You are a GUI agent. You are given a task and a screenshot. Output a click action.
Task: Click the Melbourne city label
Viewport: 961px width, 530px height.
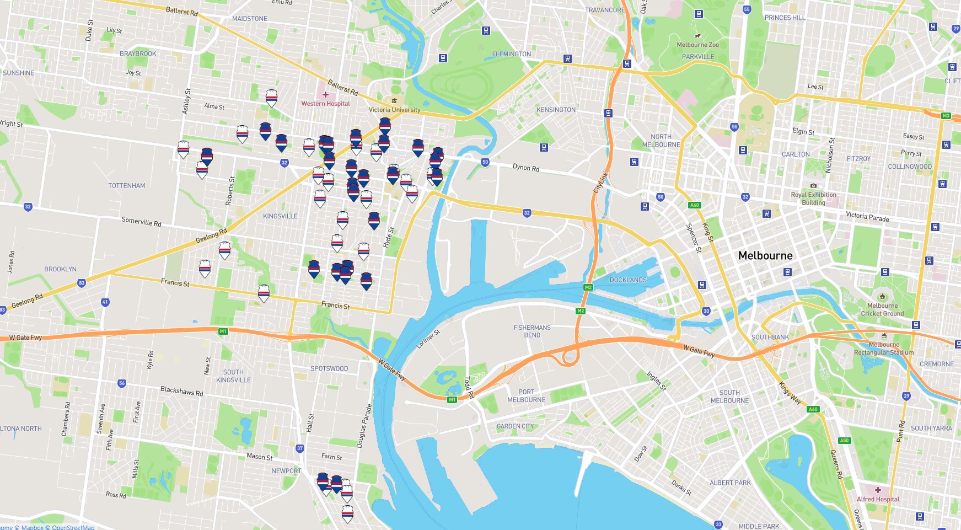[x=765, y=255]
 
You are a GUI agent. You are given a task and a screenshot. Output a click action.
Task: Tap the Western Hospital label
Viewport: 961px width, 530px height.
[x=325, y=103]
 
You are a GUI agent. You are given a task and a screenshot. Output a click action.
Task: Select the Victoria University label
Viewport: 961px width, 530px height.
[x=394, y=110]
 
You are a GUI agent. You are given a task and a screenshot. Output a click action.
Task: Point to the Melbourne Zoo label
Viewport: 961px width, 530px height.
[x=697, y=45]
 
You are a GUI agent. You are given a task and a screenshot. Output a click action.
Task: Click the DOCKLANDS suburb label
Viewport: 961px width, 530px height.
[x=628, y=280]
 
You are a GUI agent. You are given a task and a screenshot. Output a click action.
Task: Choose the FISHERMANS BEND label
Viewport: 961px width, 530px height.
[x=532, y=331]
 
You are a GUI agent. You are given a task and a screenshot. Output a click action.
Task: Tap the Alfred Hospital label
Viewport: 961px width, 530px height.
[x=878, y=499]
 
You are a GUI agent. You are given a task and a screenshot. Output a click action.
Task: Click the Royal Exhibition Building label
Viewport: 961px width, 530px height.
[x=813, y=199]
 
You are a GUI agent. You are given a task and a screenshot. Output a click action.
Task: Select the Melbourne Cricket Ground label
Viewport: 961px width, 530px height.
[x=882, y=309]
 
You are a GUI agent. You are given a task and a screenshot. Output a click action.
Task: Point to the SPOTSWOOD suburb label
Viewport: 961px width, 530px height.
[x=329, y=368]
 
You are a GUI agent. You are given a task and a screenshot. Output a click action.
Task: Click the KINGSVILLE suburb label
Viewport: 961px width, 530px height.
[x=280, y=216]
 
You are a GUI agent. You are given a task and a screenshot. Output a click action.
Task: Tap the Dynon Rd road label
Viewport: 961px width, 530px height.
[x=526, y=167]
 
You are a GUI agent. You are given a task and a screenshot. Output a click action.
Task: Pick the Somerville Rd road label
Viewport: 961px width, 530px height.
[x=141, y=222]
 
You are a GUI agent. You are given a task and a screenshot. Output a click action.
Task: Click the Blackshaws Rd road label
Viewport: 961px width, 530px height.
[x=181, y=391]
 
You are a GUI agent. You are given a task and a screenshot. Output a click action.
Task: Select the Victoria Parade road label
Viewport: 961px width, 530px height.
[x=867, y=217]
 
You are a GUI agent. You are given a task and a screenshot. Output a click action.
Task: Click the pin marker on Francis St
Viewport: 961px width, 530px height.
[x=264, y=293]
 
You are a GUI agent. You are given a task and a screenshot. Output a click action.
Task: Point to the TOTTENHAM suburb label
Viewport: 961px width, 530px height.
[x=127, y=186]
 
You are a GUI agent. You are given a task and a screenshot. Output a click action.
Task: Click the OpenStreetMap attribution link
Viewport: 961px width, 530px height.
[x=73, y=527]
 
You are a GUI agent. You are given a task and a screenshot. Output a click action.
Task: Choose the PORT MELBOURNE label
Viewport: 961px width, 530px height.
[x=526, y=396]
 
